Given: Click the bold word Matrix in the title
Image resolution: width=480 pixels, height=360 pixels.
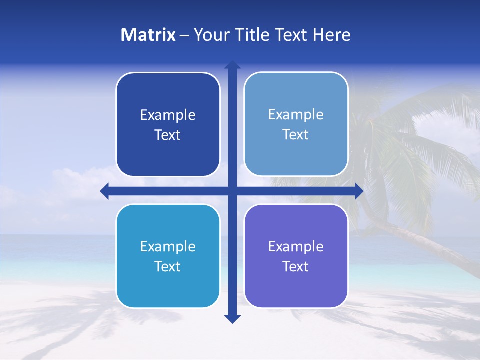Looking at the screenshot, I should coord(148,35).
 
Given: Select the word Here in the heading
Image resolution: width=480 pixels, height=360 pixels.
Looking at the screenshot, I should coord(331,35).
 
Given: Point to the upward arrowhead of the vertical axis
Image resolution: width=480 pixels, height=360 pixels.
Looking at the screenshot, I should coord(232,65).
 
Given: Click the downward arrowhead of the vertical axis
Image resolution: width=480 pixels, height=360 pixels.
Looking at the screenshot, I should coord(232,318).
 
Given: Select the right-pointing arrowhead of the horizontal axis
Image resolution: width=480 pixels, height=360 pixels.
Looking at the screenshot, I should coord(358,191).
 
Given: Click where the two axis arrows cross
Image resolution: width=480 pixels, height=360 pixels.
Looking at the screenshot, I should coord(232,191).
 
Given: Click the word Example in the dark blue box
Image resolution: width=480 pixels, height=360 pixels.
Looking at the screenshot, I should coord(168,115).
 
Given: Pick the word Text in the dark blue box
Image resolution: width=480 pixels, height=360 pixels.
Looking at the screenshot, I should coord(168,135).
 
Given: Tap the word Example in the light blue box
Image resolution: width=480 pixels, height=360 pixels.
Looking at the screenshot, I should coord(296,115).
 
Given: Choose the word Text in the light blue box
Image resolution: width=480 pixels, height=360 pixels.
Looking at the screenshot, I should coord(296,135).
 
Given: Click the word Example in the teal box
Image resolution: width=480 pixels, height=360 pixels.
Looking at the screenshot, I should coord(168,247).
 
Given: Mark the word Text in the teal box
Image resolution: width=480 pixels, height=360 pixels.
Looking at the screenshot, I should coord(168,267).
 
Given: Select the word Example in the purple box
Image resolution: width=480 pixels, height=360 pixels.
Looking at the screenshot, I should coord(296,247).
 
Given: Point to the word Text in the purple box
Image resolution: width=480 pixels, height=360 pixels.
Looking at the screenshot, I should coord(296,267).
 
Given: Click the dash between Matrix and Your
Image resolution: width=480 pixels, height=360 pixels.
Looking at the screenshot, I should coord(184,35).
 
